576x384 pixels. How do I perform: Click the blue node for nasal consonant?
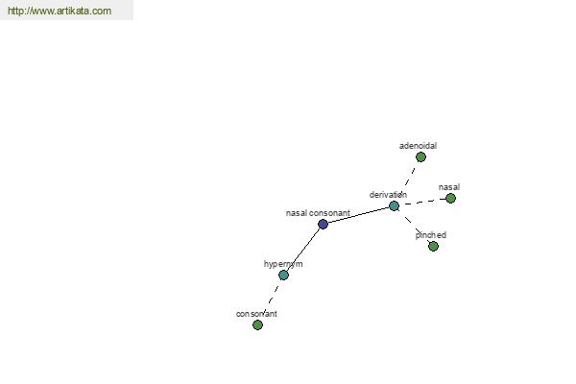(x=323, y=224)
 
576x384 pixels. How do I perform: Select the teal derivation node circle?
(x=395, y=206)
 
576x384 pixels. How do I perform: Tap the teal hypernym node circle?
(x=283, y=276)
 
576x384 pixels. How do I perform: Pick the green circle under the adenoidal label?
(x=421, y=157)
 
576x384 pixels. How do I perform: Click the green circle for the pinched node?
(x=434, y=246)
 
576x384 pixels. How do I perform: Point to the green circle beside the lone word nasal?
(x=451, y=199)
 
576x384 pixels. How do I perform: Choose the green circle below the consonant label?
(x=258, y=324)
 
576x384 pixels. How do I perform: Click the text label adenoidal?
(x=418, y=146)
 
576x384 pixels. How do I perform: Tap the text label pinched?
(x=431, y=235)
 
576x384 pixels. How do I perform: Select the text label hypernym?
(x=283, y=264)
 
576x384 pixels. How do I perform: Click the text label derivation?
(x=388, y=195)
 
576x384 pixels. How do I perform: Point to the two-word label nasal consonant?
(x=318, y=213)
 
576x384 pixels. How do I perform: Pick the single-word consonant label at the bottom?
(x=256, y=314)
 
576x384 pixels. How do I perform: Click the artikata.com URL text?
(x=60, y=11)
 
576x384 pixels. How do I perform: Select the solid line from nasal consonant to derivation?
(x=358, y=215)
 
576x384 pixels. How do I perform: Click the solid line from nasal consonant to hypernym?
(x=303, y=250)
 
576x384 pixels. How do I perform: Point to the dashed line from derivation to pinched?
(x=414, y=226)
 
